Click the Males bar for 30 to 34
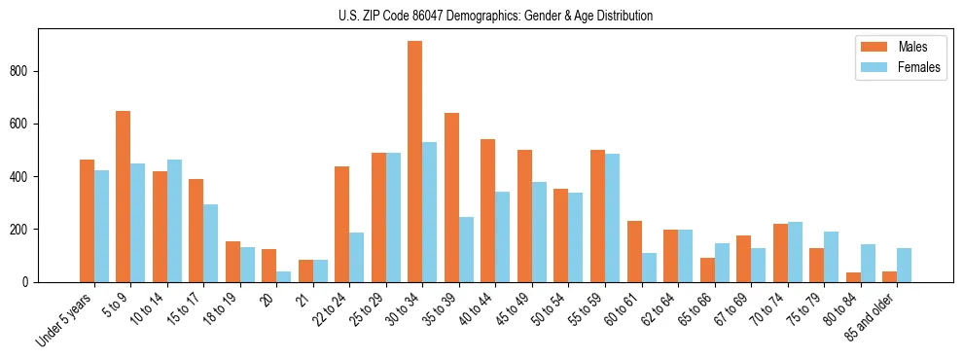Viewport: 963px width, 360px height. tap(415, 162)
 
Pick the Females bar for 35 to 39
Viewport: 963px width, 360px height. tap(466, 249)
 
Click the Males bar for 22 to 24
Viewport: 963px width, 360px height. tap(342, 224)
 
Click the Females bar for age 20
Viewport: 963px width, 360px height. tap(284, 276)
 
